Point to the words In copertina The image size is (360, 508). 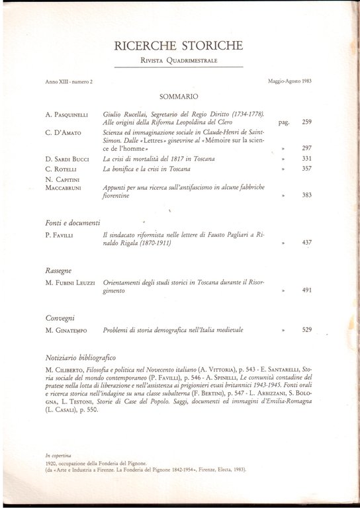point(58,455)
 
